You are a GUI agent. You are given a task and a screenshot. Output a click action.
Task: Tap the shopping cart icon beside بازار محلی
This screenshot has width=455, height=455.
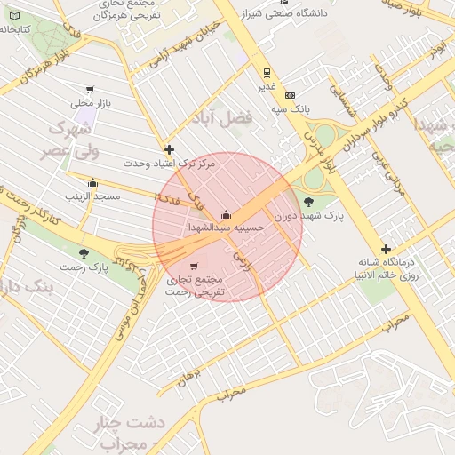90,89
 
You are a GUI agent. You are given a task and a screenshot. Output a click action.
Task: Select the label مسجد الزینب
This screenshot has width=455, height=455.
86,195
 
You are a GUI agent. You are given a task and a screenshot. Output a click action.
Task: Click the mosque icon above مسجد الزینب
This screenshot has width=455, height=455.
92,181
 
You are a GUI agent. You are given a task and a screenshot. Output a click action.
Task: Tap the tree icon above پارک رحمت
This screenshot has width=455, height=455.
108,253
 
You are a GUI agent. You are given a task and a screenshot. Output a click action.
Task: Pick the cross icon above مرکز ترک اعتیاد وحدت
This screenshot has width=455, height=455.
169,149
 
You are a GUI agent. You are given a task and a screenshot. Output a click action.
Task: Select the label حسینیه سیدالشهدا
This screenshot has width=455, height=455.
227,227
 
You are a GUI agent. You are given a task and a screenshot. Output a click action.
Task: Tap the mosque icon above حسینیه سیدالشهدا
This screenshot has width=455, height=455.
225,213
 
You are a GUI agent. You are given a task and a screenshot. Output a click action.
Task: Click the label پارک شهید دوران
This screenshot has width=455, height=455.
308,216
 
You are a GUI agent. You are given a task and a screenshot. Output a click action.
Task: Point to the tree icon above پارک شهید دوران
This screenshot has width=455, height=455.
308,202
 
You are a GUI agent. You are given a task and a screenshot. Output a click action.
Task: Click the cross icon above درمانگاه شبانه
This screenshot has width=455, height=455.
385,249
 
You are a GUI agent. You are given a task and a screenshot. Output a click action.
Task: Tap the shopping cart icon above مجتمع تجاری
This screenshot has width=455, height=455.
196,266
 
